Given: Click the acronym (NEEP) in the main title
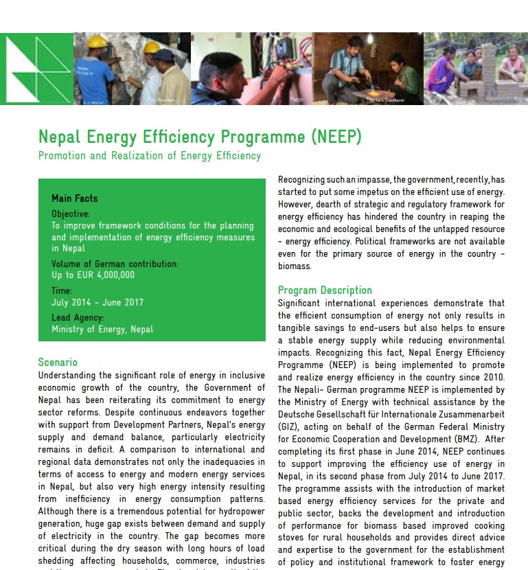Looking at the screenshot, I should [336, 137].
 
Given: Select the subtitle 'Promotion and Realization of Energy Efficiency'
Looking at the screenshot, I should [150, 156].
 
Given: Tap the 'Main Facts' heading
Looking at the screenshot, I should [75, 198].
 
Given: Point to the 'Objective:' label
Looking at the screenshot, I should [71, 214].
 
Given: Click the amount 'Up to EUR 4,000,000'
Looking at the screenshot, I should [93, 275].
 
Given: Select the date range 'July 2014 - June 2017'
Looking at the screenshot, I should [97, 302].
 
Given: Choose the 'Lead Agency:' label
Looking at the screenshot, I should [78, 318].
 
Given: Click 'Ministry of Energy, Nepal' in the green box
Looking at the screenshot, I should [102, 330].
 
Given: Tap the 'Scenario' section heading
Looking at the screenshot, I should [58, 363].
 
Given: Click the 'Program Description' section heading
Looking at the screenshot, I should [325, 290].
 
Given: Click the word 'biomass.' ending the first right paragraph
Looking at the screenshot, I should [295, 266].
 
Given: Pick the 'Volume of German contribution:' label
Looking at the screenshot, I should [115, 264].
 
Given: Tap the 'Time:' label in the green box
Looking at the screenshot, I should [62, 291].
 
